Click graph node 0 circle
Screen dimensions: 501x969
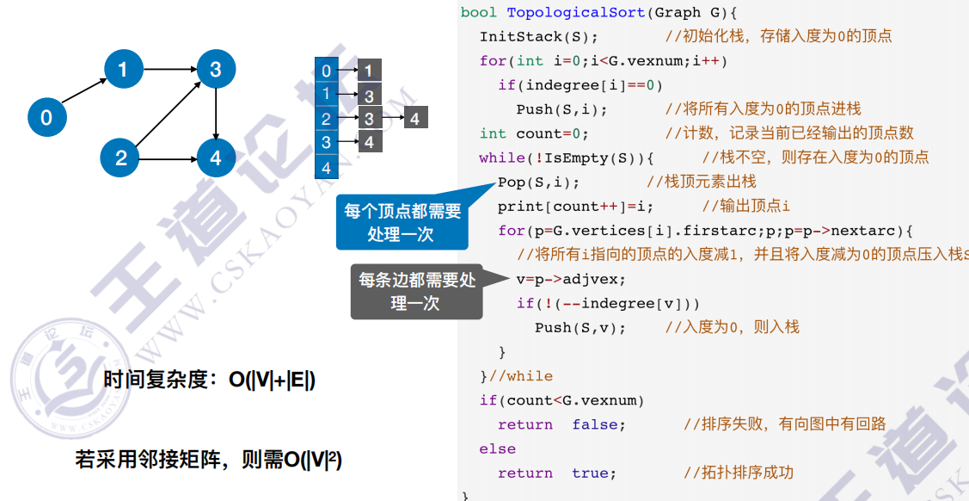coord(46,117)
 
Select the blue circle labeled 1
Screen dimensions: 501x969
coord(124,68)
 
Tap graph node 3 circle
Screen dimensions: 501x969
coord(216,68)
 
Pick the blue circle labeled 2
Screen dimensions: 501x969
coord(120,157)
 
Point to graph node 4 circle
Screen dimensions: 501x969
coord(216,157)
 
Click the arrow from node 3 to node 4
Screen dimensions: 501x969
coord(216,113)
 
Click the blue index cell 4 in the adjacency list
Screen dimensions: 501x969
coord(327,167)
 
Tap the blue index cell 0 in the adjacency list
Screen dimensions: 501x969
coord(327,71)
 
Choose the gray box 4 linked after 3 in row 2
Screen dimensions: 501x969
coord(414,119)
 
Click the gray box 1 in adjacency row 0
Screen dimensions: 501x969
coord(369,71)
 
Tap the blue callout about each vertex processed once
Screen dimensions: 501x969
coord(402,221)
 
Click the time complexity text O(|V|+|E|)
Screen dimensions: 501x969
coord(272,380)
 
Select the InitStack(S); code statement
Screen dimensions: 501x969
coord(538,36)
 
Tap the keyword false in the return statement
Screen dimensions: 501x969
coord(598,424)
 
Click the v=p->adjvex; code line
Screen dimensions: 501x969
coord(571,279)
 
